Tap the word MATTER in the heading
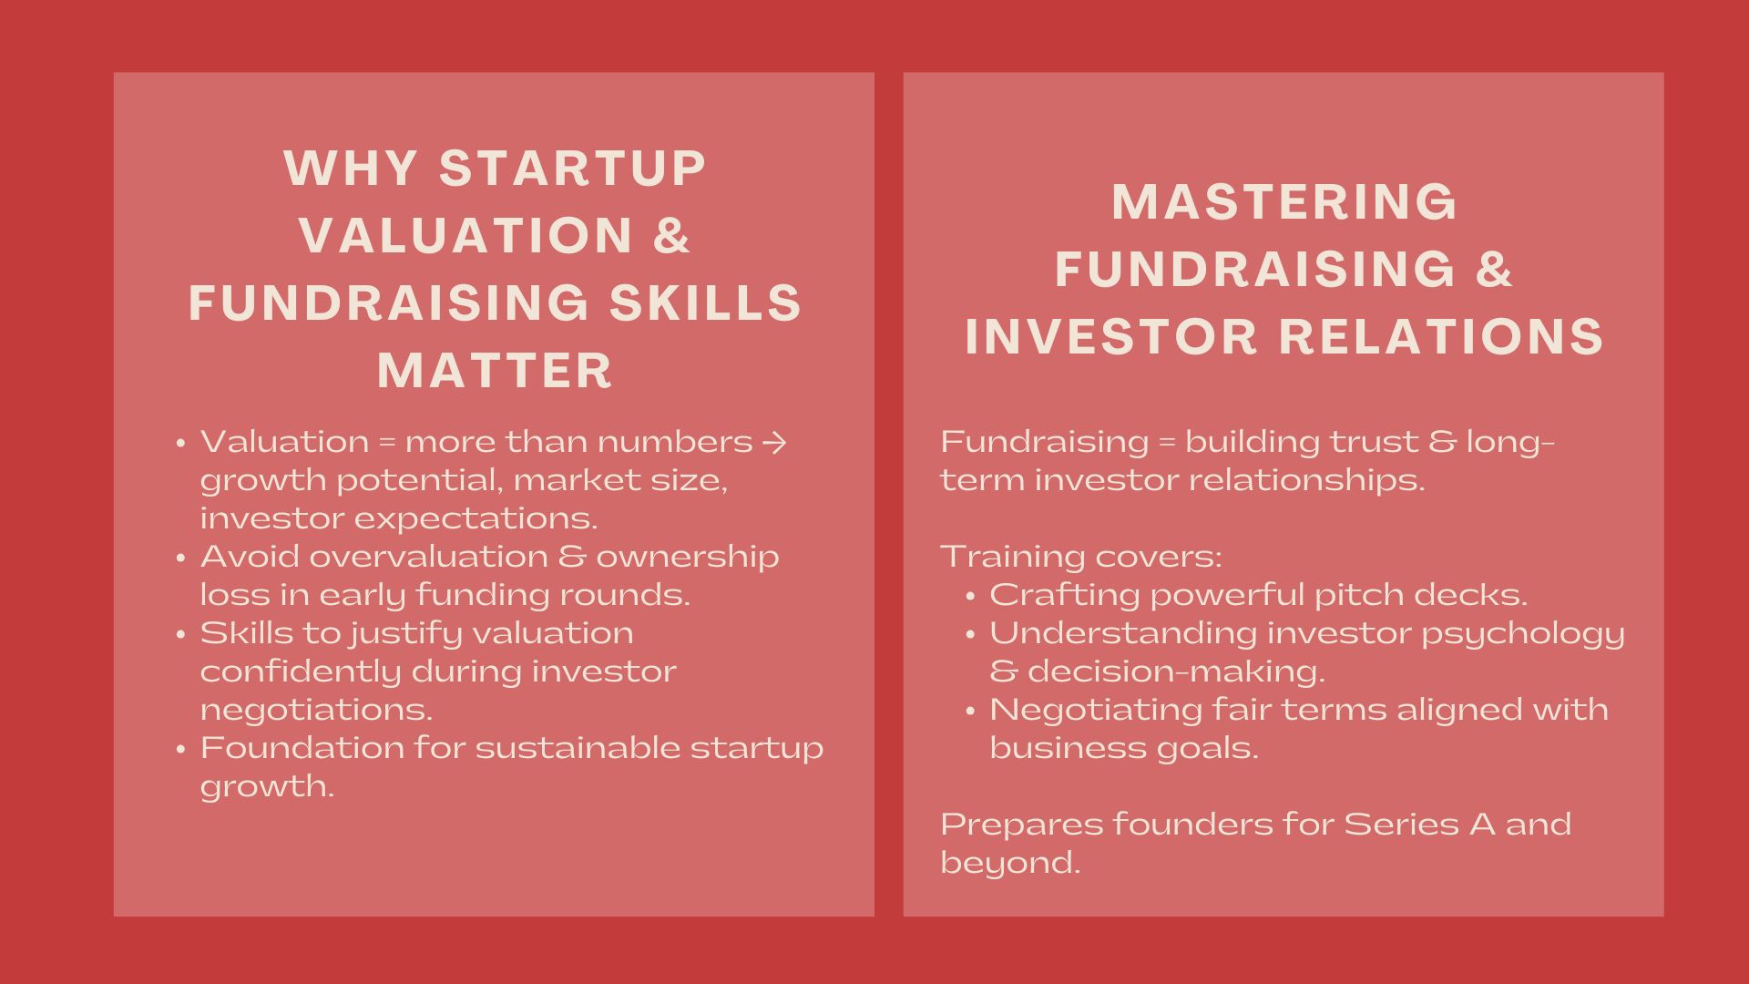click(496, 370)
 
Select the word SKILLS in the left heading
click(706, 302)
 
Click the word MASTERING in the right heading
click(1284, 201)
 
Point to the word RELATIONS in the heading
click(1441, 336)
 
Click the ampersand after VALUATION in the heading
click(672, 235)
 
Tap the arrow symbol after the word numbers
click(773, 442)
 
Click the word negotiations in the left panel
click(316, 710)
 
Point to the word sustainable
click(578, 747)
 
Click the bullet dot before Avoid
click(181, 557)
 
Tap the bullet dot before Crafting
click(971, 595)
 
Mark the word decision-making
click(1176, 671)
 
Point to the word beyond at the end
click(1010, 862)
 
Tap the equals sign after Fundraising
click(1167, 443)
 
